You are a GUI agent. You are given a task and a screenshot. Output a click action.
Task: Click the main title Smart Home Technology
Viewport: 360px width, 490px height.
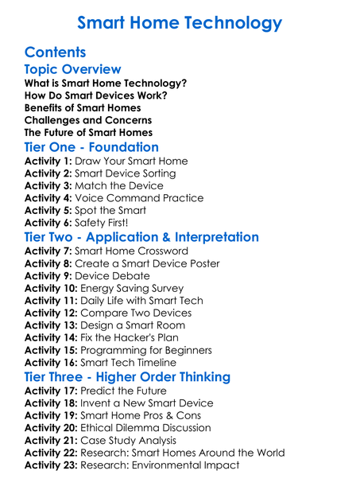(180, 22)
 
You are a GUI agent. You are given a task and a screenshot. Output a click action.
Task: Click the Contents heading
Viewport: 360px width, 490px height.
(55, 52)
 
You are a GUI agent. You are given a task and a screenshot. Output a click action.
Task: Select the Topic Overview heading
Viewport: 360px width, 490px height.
(73, 70)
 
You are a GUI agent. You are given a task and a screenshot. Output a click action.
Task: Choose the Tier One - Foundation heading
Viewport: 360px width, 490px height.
(92, 147)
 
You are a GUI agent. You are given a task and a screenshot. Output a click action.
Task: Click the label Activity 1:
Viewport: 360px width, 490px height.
(48, 161)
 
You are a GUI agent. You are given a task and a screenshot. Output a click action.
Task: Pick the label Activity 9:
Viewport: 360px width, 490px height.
(48, 276)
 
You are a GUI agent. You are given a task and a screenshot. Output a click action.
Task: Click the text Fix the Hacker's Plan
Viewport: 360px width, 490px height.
(133, 337)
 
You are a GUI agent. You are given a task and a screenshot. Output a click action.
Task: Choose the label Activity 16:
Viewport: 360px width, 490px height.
(51, 362)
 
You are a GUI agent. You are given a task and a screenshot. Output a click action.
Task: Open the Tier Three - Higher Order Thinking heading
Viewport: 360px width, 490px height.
(139, 377)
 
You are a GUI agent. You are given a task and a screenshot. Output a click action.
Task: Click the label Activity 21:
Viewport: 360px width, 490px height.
(51, 441)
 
